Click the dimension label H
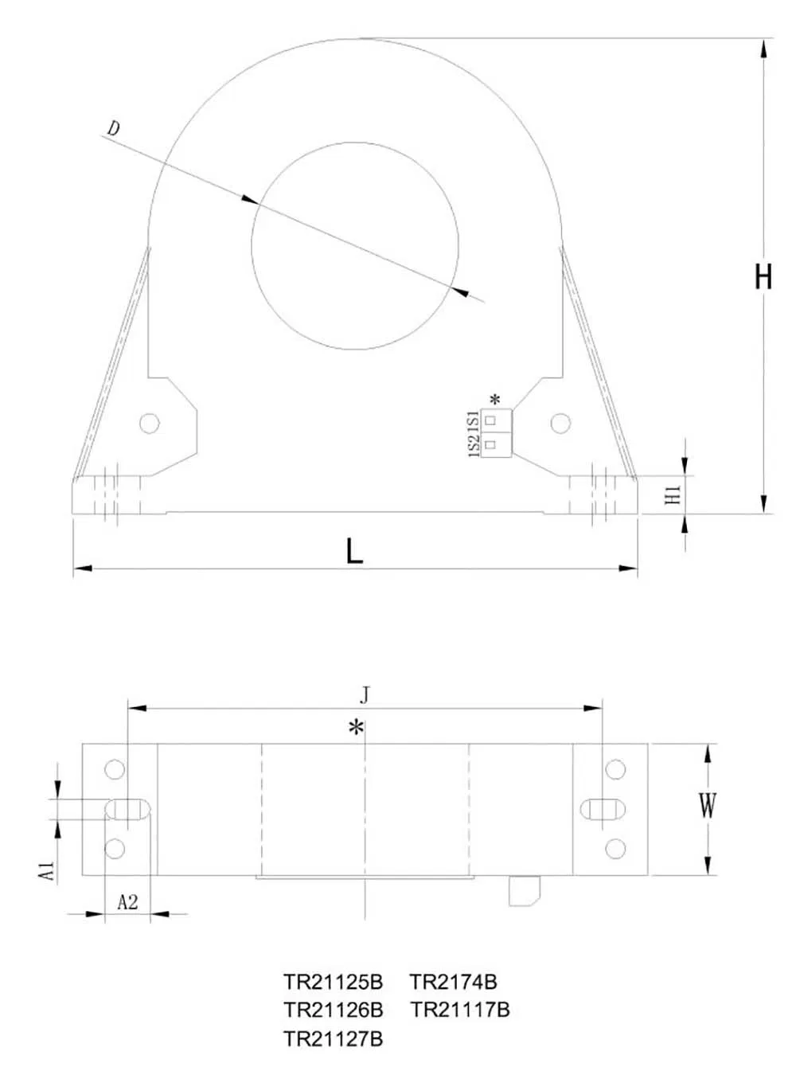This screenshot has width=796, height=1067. tap(763, 276)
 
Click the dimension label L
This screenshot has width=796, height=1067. tap(354, 550)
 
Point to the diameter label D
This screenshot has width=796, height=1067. tap(114, 128)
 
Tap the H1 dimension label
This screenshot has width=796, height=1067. tap(673, 494)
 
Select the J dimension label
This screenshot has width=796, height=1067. tap(365, 694)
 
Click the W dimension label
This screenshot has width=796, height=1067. tap(707, 806)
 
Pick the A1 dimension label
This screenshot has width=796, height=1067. tap(49, 870)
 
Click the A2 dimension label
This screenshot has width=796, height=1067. tap(127, 901)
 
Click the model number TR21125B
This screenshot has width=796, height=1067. tap(333, 982)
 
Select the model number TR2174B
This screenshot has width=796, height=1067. tap(453, 982)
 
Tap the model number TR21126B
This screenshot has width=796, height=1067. tap(333, 1010)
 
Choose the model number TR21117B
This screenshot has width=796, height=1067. tap(460, 1010)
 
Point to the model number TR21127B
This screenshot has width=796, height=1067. tap(333, 1038)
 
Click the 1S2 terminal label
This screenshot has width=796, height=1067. tap(474, 445)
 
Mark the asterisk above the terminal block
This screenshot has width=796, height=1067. tap(495, 400)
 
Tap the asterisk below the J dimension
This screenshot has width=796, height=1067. tap(357, 726)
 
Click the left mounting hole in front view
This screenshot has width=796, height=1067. tap(150, 423)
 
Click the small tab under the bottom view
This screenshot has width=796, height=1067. tap(525, 890)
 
